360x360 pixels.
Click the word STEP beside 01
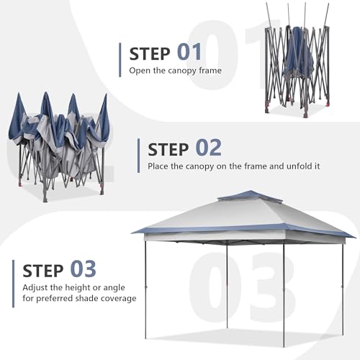pos(150,53)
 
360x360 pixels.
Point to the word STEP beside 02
pos(168,149)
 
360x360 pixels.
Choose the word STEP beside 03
pos(43,270)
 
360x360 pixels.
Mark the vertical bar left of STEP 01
pos(120,59)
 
